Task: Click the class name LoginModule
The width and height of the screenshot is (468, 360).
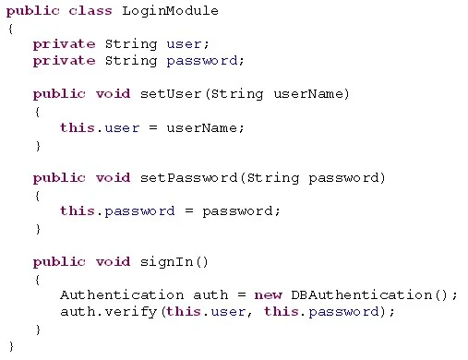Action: point(170,11)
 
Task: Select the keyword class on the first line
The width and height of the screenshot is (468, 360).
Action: point(90,11)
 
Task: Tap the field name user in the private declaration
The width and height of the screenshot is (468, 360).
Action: point(184,44)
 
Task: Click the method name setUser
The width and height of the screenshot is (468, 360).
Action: point(171,94)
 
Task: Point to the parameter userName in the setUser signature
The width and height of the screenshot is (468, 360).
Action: point(309,94)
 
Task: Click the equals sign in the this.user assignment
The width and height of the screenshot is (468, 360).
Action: point(153,127)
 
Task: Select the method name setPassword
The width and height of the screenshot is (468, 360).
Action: point(188,178)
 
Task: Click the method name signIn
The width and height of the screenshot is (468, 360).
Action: point(166,262)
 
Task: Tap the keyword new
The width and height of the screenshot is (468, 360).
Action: point(268,295)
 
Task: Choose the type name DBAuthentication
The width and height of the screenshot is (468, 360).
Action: point(362,295)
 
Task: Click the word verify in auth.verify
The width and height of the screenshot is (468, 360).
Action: point(131,313)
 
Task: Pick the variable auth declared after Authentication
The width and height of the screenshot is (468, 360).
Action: point(210,295)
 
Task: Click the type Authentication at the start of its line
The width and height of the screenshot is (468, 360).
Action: point(122,295)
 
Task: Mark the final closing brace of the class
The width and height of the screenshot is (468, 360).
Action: point(11,346)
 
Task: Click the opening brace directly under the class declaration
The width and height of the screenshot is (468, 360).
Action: point(11,30)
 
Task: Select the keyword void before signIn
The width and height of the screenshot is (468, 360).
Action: point(113,262)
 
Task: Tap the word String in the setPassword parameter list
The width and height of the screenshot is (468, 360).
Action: point(273,179)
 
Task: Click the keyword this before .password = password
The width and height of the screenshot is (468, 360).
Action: point(78,211)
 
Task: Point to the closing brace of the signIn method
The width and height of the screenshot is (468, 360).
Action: point(38,330)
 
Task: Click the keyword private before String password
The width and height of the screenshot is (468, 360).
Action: point(65,61)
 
